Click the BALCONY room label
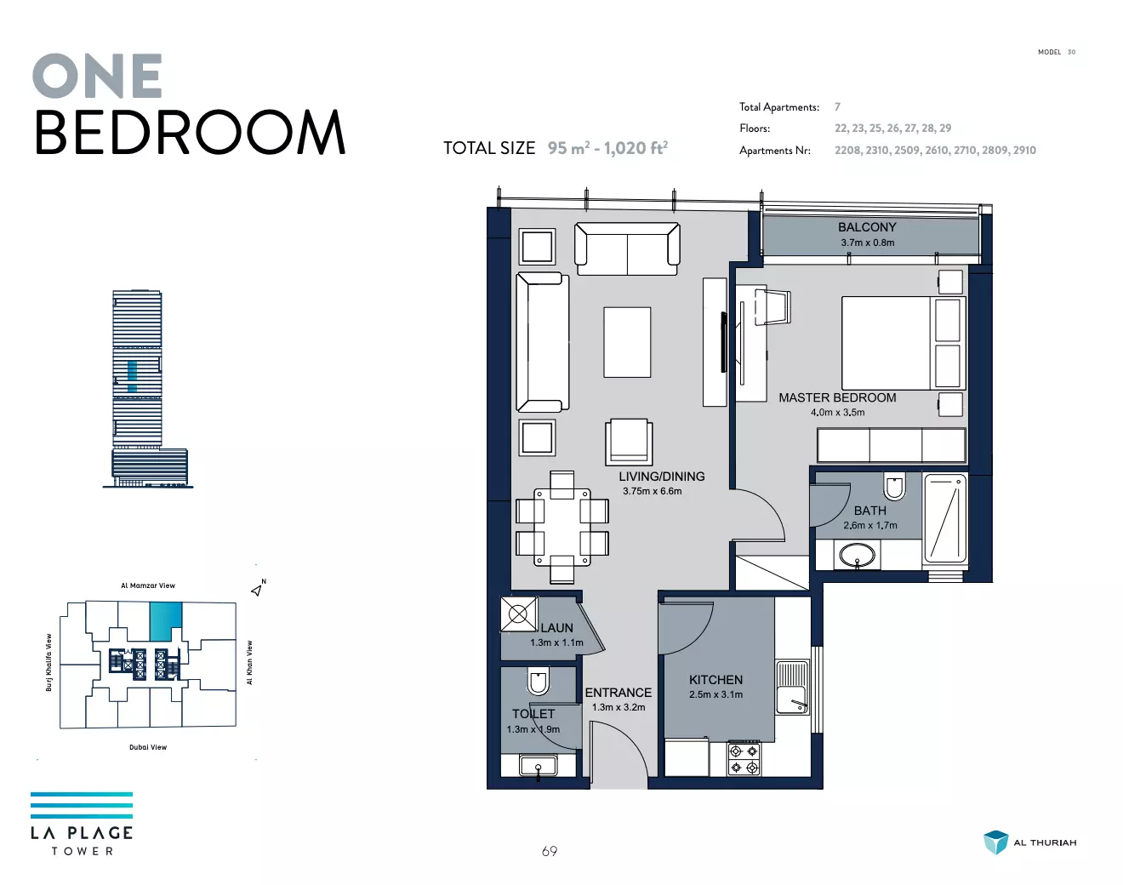[x=867, y=227]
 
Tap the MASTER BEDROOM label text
[x=837, y=398]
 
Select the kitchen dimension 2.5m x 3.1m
[x=715, y=694]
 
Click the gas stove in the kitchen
[x=744, y=759]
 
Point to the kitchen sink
[x=792, y=687]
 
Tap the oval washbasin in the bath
[x=858, y=556]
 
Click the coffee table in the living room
[x=627, y=342]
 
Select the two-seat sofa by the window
[x=627, y=248]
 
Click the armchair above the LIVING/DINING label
[x=629, y=442]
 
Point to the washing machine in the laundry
[x=518, y=614]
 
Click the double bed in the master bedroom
[x=904, y=343]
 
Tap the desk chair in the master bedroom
[x=772, y=307]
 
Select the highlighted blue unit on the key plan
[x=166, y=621]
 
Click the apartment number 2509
[x=906, y=151]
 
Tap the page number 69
[x=549, y=851]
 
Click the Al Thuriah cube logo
[x=995, y=842]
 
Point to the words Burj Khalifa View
[x=49, y=663]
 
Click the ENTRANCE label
[x=618, y=693]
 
